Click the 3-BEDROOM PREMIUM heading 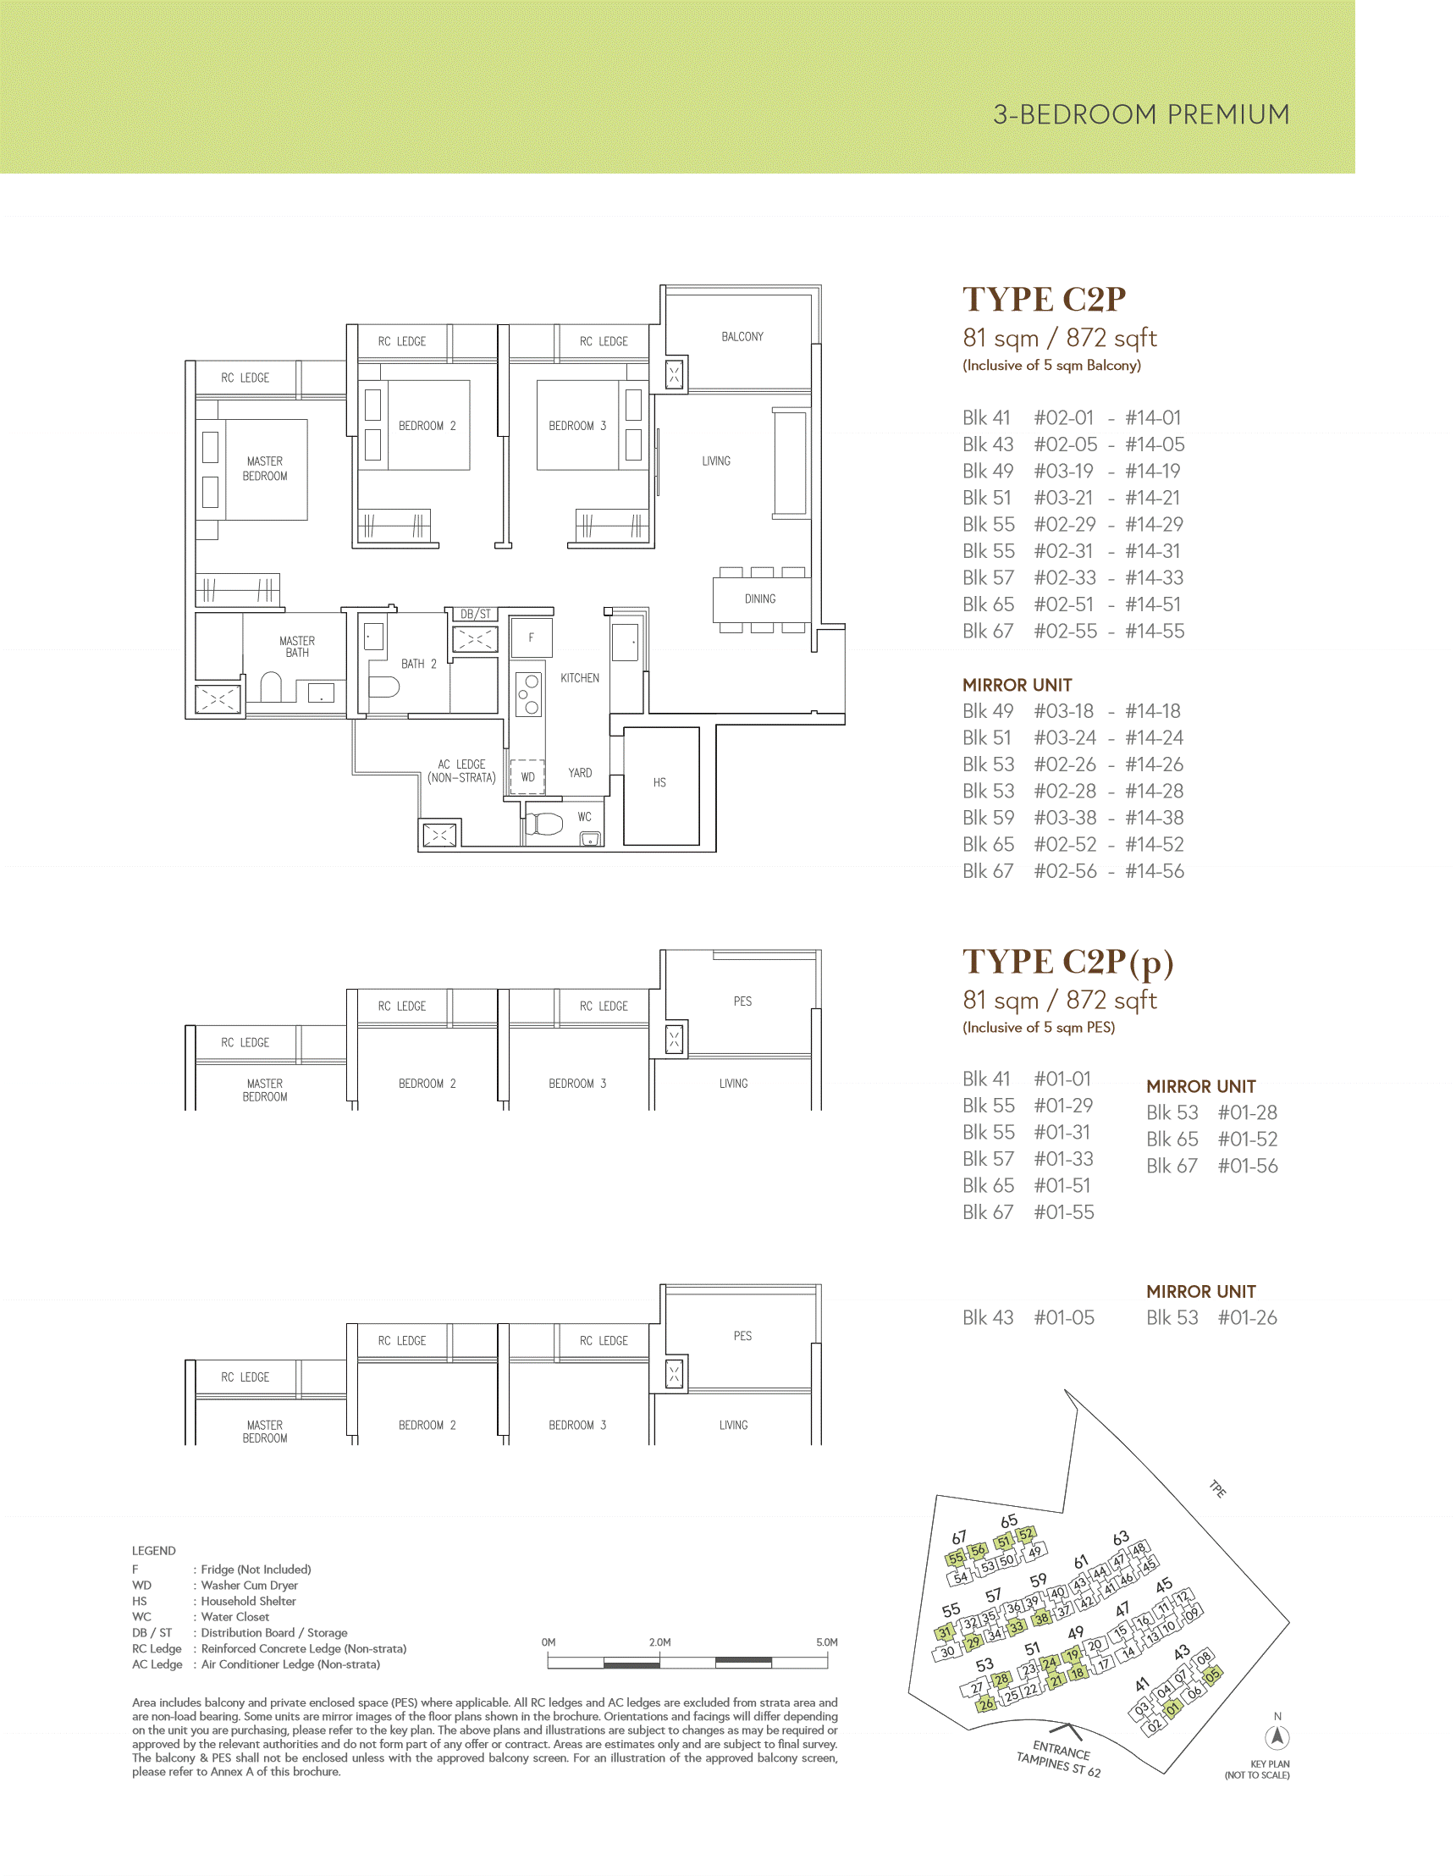(1141, 114)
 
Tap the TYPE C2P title (1044, 299)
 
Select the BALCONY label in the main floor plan (742, 337)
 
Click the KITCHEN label (580, 678)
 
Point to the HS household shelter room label (659, 782)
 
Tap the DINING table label (760, 599)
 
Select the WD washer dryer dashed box (528, 776)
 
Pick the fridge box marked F (531, 638)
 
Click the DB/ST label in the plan (476, 613)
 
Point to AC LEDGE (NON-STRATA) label (462, 770)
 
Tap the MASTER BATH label (297, 647)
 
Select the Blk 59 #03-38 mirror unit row (1073, 817)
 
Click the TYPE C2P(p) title (1067, 962)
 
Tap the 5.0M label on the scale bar (826, 1641)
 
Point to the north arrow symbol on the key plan (1277, 1737)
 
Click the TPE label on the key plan (1218, 1488)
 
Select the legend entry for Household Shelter (214, 1601)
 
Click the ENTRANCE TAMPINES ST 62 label (1059, 1757)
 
